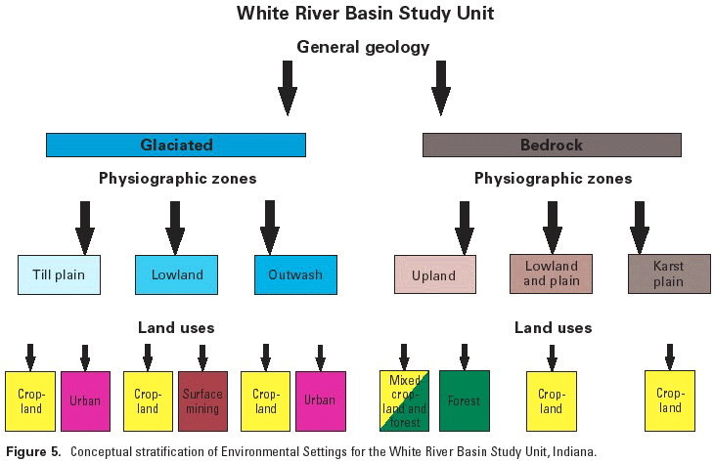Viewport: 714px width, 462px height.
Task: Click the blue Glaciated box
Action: tap(176, 146)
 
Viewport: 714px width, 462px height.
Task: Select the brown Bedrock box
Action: tap(552, 146)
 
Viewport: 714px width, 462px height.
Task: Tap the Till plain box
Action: tap(59, 274)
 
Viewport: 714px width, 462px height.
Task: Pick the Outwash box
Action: tap(294, 274)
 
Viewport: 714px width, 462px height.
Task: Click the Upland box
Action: tap(434, 274)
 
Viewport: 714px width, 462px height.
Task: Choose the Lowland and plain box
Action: tap(551, 274)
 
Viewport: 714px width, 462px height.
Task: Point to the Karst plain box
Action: tap(668, 274)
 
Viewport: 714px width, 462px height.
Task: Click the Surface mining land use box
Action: tap(202, 401)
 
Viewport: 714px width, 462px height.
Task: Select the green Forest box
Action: tap(465, 401)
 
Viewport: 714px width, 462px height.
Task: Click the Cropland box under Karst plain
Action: tap(670, 401)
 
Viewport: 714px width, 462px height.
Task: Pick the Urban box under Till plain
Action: tap(85, 401)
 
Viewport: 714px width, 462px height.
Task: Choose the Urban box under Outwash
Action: tap(320, 401)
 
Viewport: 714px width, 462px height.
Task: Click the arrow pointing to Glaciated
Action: tap(287, 88)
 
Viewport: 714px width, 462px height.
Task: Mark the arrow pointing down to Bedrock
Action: tap(441, 88)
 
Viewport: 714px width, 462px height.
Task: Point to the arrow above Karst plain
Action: tap(640, 226)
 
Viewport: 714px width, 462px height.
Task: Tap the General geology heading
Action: tap(363, 46)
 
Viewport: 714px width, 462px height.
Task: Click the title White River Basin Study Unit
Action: tap(363, 15)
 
